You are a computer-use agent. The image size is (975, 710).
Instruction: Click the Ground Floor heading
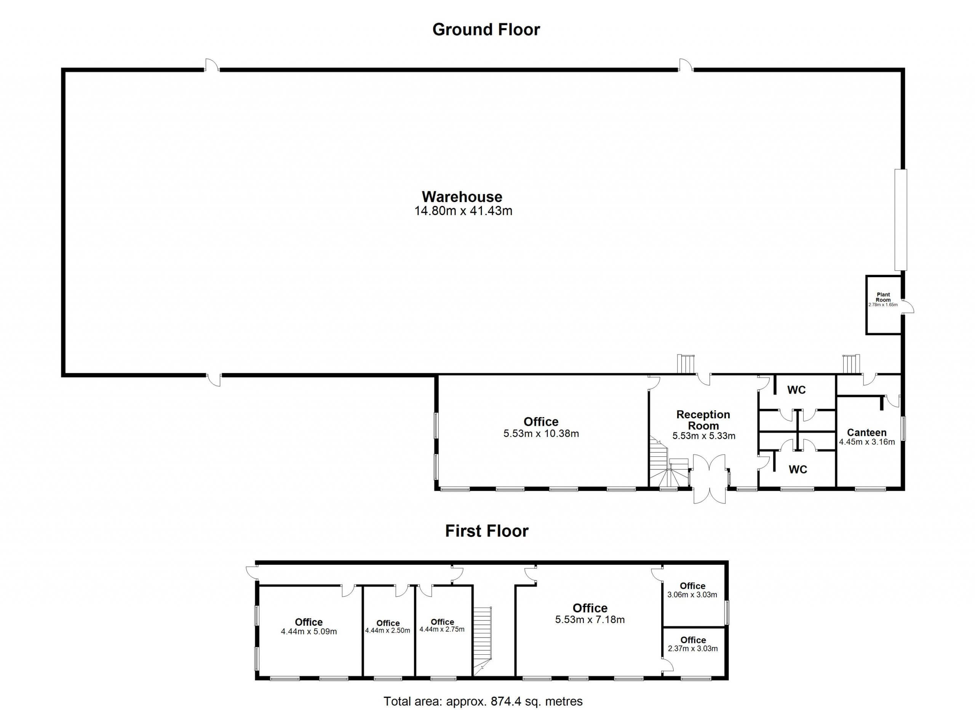[486, 30]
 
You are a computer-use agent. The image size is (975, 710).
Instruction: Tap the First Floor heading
[487, 531]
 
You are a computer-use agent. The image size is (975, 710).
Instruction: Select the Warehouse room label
[462, 197]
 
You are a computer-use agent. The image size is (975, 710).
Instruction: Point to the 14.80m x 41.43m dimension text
[464, 211]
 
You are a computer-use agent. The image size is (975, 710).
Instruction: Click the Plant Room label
[884, 297]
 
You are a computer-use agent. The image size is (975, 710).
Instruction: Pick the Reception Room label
[703, 420]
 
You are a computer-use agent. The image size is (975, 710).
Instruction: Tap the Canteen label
[867, 432]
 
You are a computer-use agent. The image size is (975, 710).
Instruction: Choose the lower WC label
[798, 469]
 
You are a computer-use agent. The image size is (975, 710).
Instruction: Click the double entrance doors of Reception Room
[709, 479]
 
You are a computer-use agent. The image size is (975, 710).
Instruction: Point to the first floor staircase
[482, 641]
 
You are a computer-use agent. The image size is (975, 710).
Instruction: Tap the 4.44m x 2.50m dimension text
[388, 631]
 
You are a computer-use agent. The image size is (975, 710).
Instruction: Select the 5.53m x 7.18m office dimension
[590, 620]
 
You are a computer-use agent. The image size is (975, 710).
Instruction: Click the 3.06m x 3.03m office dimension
[692, 595]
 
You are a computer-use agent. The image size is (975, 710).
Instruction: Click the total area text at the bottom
[483, 701]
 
